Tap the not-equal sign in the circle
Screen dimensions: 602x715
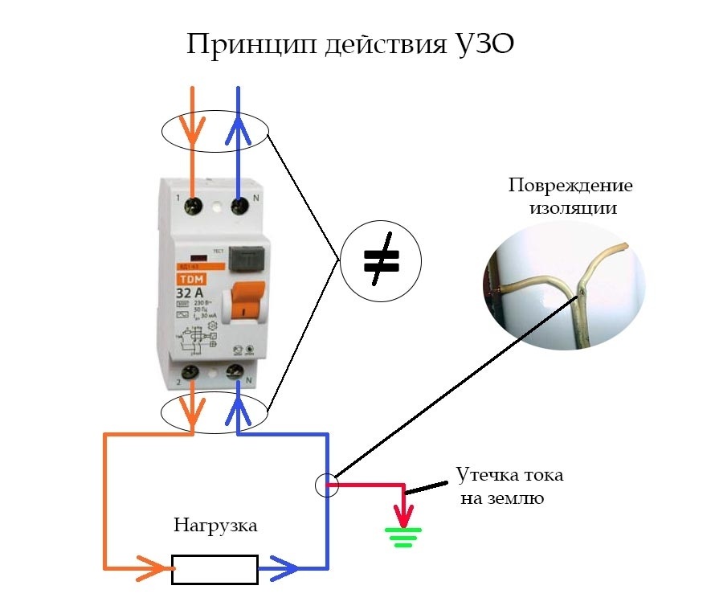tap(381, 260)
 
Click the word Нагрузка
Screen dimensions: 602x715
tap(215, 527)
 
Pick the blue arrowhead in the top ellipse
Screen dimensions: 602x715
tap(239, 126)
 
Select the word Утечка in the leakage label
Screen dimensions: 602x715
tap(480, 474)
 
